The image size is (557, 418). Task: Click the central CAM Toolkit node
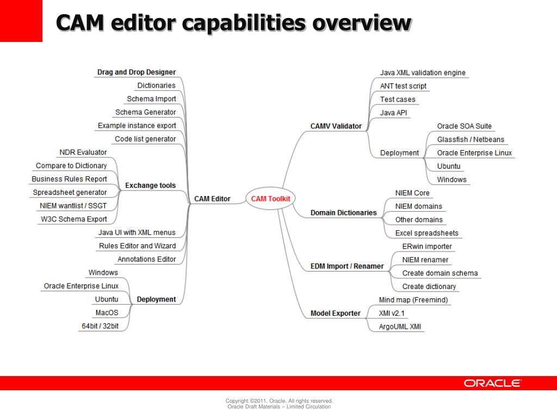coord(270,199)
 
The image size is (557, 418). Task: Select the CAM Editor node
coord(212,199)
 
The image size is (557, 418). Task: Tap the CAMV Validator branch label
coord(336,126)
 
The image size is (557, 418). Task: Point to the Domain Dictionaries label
coord(343,213)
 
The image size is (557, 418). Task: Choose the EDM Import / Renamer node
coord(347,266)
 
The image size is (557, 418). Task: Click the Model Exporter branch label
coord(335,313)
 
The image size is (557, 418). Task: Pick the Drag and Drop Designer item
coord(137,72)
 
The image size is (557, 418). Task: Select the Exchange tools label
coord(150,186)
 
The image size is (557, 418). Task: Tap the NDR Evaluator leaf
coord(83,152)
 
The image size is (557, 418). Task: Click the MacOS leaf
coord(107,312)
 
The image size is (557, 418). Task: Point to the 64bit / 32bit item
coord(100,326)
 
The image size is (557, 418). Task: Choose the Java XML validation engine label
coord(423,72)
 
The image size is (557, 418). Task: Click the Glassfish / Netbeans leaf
coord(471,139)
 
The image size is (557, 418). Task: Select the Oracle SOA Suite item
coord(464,126)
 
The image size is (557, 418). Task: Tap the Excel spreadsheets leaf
coord(426,233)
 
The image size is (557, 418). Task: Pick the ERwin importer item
coord(426,246)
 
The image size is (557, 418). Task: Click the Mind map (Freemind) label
coord(413,300)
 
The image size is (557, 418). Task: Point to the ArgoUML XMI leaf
coord(400,327)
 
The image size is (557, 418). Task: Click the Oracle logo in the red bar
coord(492,383)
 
